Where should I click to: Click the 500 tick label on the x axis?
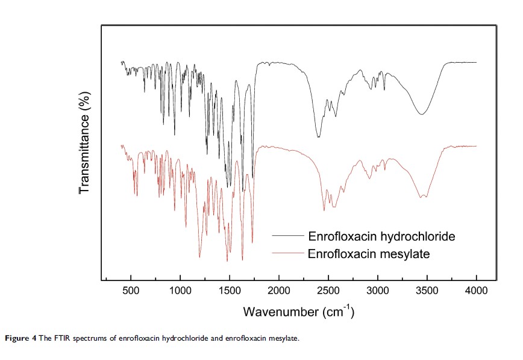[x=131, y=291]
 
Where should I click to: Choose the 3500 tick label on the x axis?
[x=427, y=291]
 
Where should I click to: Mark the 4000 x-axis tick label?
[x=476, y=291]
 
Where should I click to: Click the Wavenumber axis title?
[x=298, y=312]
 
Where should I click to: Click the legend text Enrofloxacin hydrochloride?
[x=381, y=235]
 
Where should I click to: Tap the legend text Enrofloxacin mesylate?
[x=369, y=254]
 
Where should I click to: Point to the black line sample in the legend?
[x=287, y=235]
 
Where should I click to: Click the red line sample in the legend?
[x=287, y=254]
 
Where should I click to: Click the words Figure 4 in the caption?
[x=20, y=338]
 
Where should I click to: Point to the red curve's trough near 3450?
[x=423, y=197]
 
